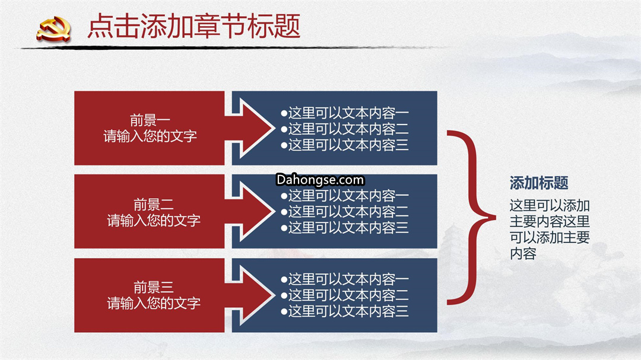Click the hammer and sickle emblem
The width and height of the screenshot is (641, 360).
[53, 29]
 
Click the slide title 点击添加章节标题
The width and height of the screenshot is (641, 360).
[194, 26]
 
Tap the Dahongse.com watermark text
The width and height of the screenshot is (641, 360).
[320, 180]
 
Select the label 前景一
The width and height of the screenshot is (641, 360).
[150, 120]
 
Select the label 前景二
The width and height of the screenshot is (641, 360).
[153, 204]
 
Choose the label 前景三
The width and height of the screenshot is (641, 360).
[153, 287]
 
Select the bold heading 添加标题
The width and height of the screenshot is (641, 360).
[539, 183]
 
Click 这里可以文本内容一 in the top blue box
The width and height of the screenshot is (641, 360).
[348, 113]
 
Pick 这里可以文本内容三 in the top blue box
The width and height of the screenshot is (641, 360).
[348, 145]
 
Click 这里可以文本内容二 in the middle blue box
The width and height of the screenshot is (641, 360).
[348, 212]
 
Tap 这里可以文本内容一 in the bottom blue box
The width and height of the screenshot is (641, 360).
[348, 279]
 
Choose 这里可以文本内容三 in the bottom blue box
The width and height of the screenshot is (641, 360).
[348, 311]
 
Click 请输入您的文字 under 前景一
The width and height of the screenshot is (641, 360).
[150, 136]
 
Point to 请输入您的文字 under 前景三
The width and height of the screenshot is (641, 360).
[153, 303]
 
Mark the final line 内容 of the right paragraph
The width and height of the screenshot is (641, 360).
[523, 254]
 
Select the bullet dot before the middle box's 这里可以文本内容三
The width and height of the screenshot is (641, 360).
[284, 228]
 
